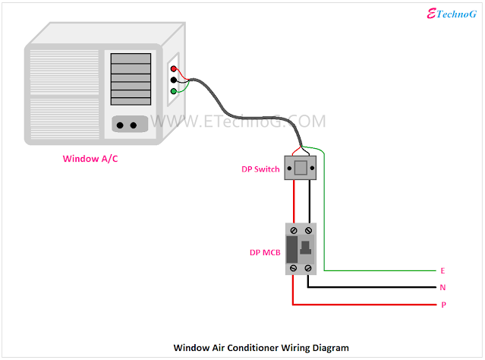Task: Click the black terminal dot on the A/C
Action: point(174,80)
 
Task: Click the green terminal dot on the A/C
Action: point(174,92)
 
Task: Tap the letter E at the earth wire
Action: point(442,271)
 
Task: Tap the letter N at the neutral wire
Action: point(442,288)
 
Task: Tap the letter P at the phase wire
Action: point(442,305)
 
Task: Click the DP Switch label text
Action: point(260,169)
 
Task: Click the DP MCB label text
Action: point(265,251)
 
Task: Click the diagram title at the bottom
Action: point(261,348)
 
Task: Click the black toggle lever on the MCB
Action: point(306,248)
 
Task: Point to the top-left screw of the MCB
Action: point(294,229)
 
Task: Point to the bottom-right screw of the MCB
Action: point(307,268)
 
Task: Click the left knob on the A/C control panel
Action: point(120,125)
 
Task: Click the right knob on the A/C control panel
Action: point(134,125)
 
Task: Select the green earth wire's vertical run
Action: point(324,213)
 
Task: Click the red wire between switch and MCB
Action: point(293,201)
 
